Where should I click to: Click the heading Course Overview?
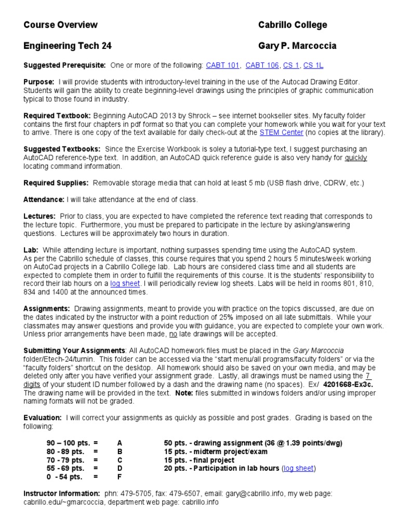(x=60, y=25)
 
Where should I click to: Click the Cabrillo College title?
(x=292, y=25)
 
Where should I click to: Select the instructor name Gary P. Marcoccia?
(x=297, y=46)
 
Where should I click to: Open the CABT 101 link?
(x=223, y=65)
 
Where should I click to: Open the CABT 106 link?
(x=262, y=65)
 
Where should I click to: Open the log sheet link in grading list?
(x=298, y=468)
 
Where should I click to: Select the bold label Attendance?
(x=44, y=199)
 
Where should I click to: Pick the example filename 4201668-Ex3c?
(x=349, y=384)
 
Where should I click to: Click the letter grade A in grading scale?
(x=119, y=443)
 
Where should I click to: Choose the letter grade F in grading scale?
(x=119, y=476)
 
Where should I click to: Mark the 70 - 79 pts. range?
(x=65, y=460)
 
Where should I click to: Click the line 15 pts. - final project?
(x=199, y=460)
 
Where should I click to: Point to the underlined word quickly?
(x=355, y=158)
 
